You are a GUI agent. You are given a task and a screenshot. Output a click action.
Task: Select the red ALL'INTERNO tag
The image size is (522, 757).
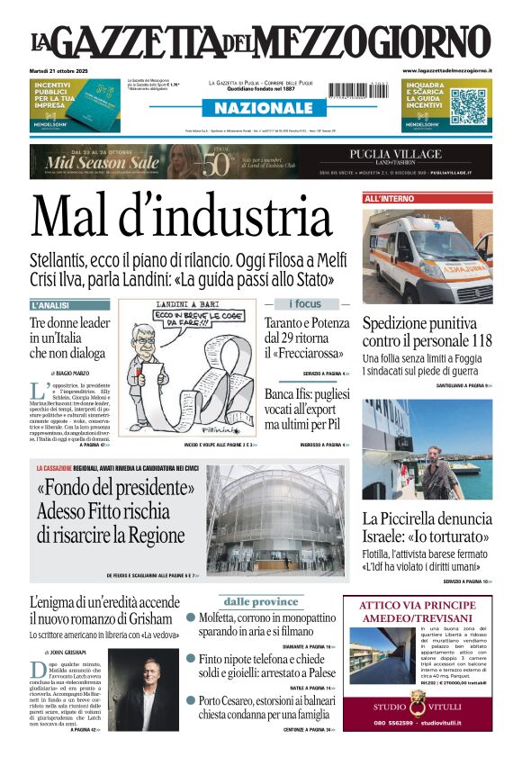[389, 198]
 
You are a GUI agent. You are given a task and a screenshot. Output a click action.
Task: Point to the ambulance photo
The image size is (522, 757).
[427, 255]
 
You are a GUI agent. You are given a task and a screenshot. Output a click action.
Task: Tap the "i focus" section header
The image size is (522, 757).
[304, 304]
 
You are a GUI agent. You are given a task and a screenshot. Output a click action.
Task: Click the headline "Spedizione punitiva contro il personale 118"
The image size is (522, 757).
[427, 333]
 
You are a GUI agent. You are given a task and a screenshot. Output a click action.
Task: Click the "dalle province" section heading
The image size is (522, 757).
[261, 601]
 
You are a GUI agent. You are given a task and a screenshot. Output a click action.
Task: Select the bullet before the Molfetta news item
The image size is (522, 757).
[191, 617]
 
